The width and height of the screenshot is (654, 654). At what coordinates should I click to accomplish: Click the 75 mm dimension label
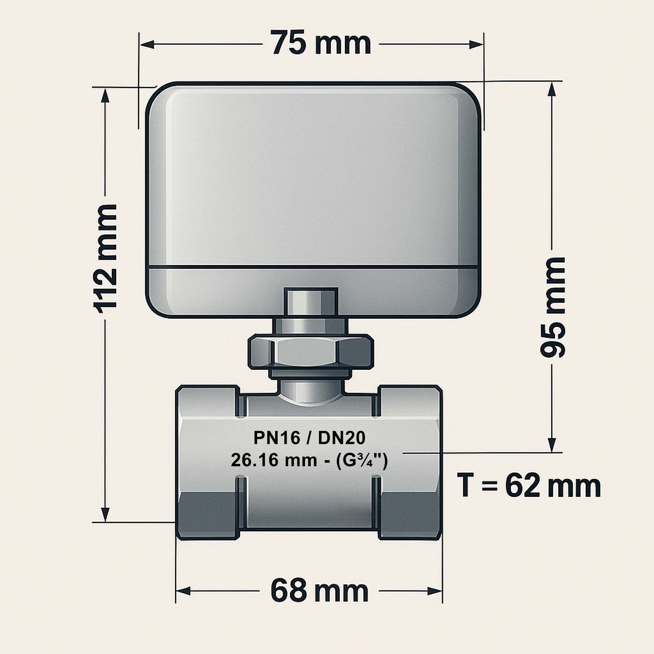click(321, 43)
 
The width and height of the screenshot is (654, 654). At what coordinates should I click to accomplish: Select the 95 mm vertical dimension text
click(552, 308)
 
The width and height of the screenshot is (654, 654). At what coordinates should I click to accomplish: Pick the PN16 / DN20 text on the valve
click(309, 438)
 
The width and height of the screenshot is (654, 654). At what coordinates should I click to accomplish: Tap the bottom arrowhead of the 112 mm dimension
click(105, 514)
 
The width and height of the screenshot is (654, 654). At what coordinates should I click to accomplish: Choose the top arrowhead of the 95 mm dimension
click(552, 89)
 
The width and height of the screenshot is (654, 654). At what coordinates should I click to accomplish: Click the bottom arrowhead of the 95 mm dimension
click(552, 445)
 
